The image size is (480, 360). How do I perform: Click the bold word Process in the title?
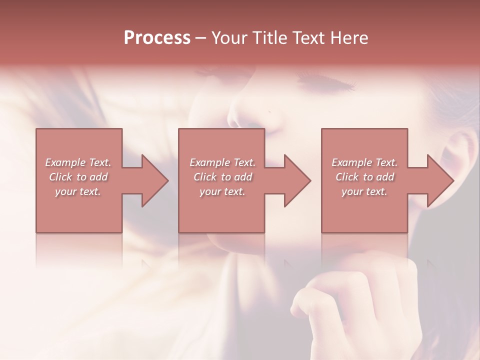157,37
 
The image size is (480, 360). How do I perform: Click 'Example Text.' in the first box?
78,162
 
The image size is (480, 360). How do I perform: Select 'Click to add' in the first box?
78,177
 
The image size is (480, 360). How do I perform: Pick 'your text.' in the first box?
78,191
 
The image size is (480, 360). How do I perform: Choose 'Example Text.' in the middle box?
222,162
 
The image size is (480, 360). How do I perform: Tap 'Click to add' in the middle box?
222,177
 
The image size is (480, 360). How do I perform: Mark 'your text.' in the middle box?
222,191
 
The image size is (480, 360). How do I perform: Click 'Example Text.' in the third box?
364,162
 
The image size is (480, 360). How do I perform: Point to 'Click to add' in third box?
364,177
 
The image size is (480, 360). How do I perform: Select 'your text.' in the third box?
364,191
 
